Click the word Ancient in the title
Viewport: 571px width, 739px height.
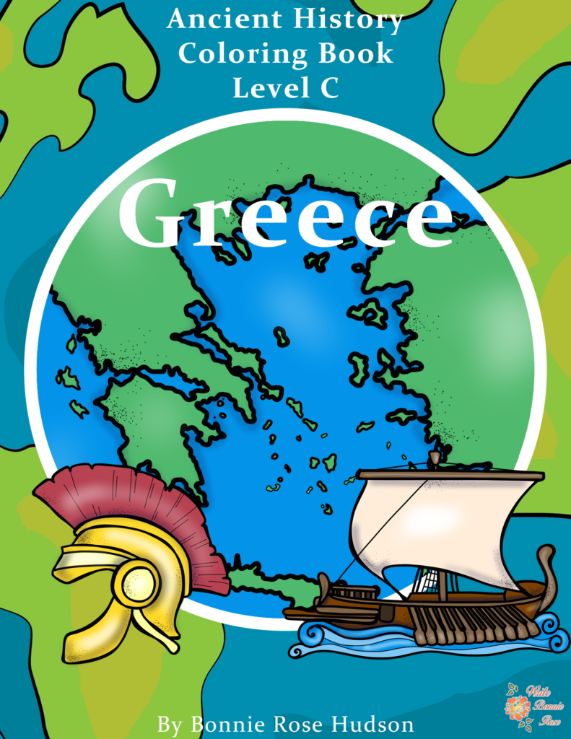[216, 20]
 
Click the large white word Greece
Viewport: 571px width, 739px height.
[285, 213]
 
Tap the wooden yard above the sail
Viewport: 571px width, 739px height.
[451, 475]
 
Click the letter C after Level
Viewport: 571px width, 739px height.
[329, 88]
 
